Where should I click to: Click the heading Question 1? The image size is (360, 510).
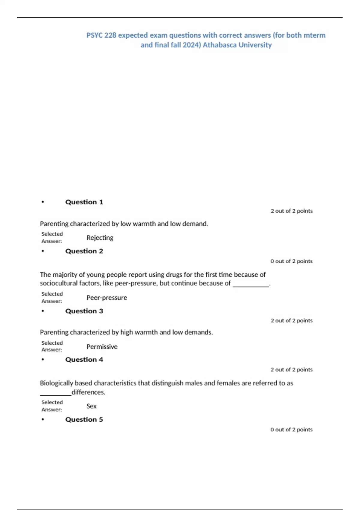[x=84, y=202]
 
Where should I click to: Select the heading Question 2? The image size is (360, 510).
[x=84, y=251]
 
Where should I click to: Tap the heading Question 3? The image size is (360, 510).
[x=84, y=311]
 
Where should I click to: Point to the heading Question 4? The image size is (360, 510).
[x=84, y=359]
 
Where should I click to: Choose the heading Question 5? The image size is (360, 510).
[x=84, y=419]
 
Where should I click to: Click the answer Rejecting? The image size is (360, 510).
[x=100, y=238]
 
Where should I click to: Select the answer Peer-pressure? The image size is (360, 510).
[x=107, y=298]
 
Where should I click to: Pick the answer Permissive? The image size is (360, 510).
[x=102, y=346]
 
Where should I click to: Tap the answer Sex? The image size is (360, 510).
[x=91, y=406]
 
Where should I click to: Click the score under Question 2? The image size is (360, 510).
[x=291, y=261]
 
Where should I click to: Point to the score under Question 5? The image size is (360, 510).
[x=291, y=430]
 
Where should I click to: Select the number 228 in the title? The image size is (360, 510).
[x=110, y=35]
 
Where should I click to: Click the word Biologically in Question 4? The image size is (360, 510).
[x=56, y=383]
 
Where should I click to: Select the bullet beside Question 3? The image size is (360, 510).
[x=43, y=311]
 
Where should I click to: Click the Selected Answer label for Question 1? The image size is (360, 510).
[x=52, y=238]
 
